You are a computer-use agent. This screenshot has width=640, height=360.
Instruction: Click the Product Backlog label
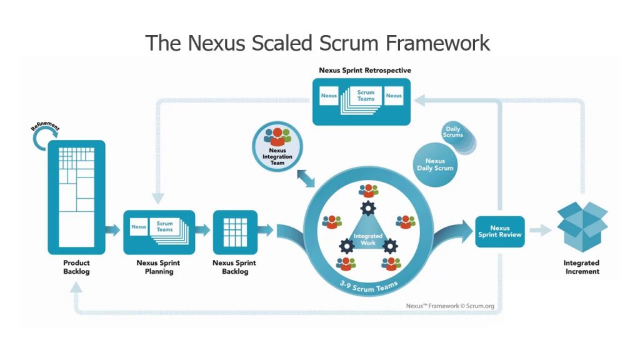[76, 267]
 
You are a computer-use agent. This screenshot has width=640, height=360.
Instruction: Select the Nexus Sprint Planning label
[159, 267]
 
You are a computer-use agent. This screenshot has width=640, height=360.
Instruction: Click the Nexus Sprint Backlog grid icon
[235, 231]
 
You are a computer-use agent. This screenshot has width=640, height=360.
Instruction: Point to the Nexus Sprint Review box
[500, 231]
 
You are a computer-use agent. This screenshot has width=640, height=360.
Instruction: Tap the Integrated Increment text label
[581, 267]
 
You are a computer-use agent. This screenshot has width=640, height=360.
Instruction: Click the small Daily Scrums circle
[453, 132]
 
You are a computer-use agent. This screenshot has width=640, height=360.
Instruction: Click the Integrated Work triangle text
[368, 239]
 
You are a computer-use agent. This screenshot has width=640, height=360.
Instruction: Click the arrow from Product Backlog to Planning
[113, 230]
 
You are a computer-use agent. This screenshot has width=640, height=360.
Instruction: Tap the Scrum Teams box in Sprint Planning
[165, 226]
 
